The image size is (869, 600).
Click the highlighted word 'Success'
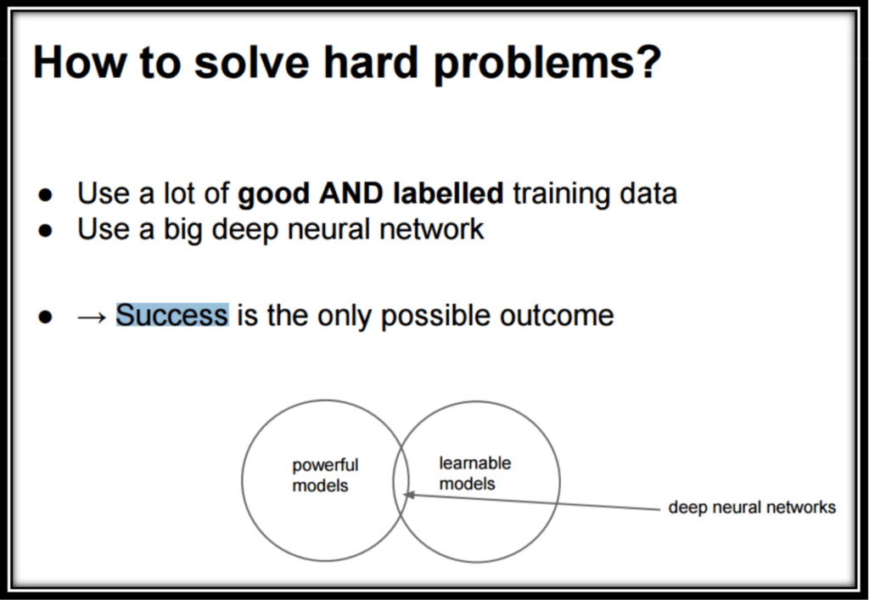[x=172, y=316]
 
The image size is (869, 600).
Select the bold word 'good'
[x=273, y=195]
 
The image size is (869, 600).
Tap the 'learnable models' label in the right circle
[x=474, y=474]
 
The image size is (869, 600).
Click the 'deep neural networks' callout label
[x=752, y=507]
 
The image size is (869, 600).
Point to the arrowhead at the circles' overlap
[x=408, y=494]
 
